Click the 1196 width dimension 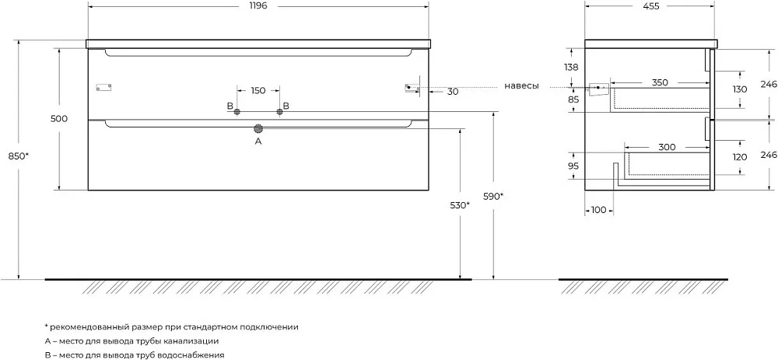pyautogui.click(x=258, y=6)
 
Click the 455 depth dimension pyautogui.click(x=650, y=6)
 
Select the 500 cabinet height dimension pyautogui.click(x=59, y=118)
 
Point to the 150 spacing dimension pyautogui.click(x=258, y=91)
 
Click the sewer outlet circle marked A pyautogui.click(x=258, y=129)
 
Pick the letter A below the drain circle pyautogui.click(x=258, y=142)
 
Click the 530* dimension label pyautogui.click(x=460, y=205)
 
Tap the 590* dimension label pyautogui.click(x=493, y=196)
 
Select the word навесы pyautogui.click(x=521, y=86)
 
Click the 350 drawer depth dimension pyautogui.click(x=660, y=82)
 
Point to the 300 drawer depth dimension pyautogui.click(x=668, y=147)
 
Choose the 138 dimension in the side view pyautogui.click(x=572, y=68)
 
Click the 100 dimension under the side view pyautogui.click(x=599, y=210)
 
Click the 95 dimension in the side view pyautogui.click(x=573, y=166)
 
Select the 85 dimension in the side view pyautogui.click(x=573, y=100)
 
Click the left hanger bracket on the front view pyautogui.click(x=103, y=87)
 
